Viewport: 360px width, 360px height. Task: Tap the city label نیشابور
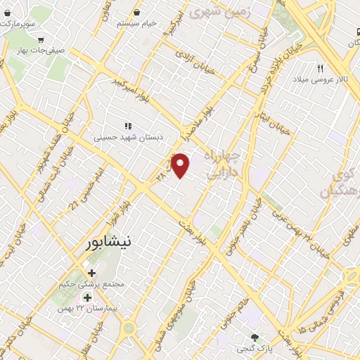[x=107, y=243]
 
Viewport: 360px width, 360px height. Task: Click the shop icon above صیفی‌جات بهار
[x=42, y=39]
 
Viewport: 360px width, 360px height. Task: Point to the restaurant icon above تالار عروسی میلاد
[x=320, y=68]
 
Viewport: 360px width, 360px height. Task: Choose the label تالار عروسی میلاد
[x=320, y=79]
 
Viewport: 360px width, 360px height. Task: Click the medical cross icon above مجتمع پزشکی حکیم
[x=91, y=273]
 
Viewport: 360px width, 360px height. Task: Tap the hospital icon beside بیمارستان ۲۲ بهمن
[x=87, y=297]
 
